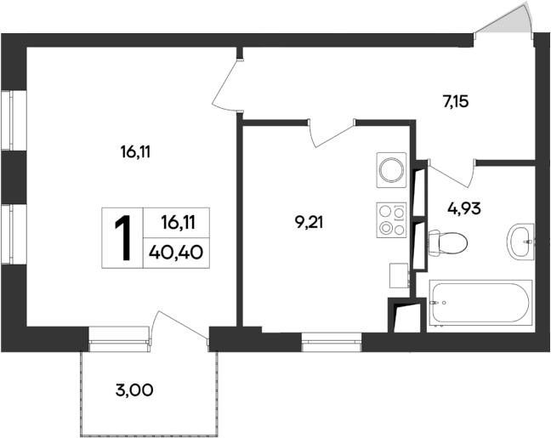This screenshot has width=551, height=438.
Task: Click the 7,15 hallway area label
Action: [x=455, y=102]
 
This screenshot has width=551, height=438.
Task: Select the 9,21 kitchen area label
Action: [x=310, y=223]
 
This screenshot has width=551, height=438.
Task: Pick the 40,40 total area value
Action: [x=177, y=252]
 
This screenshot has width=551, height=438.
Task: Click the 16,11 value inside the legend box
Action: [x=178, y=223]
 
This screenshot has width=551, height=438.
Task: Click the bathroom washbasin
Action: [x=520, y=242]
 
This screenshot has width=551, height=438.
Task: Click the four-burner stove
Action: [x=392, y=220]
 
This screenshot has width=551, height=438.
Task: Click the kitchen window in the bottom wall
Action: [x=331, y=343]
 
